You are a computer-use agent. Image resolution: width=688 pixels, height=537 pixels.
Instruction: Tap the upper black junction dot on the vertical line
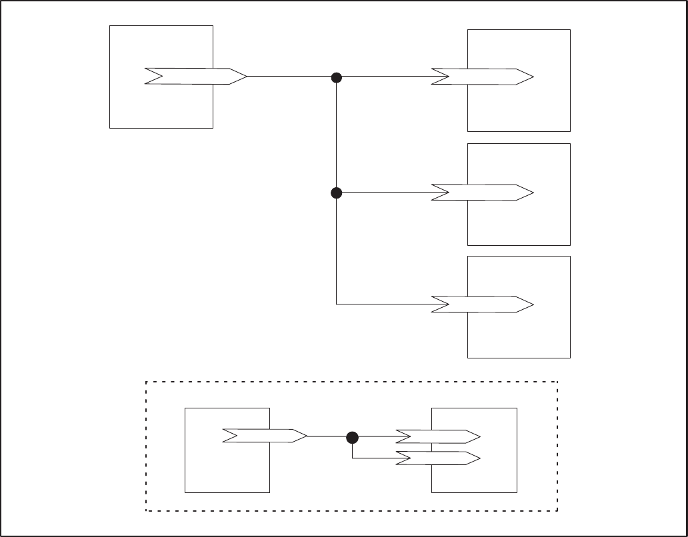click(x=337, y=77)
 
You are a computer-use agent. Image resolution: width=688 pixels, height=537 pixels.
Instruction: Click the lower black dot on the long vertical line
click(x=337, y=193)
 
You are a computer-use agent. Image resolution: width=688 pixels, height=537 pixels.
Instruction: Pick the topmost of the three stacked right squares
click(x=519, y=107)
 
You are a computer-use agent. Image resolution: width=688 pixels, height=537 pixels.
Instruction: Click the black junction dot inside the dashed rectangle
click(x=353, y=437)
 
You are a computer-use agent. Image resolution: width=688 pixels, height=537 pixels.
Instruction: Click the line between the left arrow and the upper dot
click(x=290, y=77)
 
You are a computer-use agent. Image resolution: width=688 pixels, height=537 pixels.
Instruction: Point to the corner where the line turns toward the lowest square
click(x=337, y=304)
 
